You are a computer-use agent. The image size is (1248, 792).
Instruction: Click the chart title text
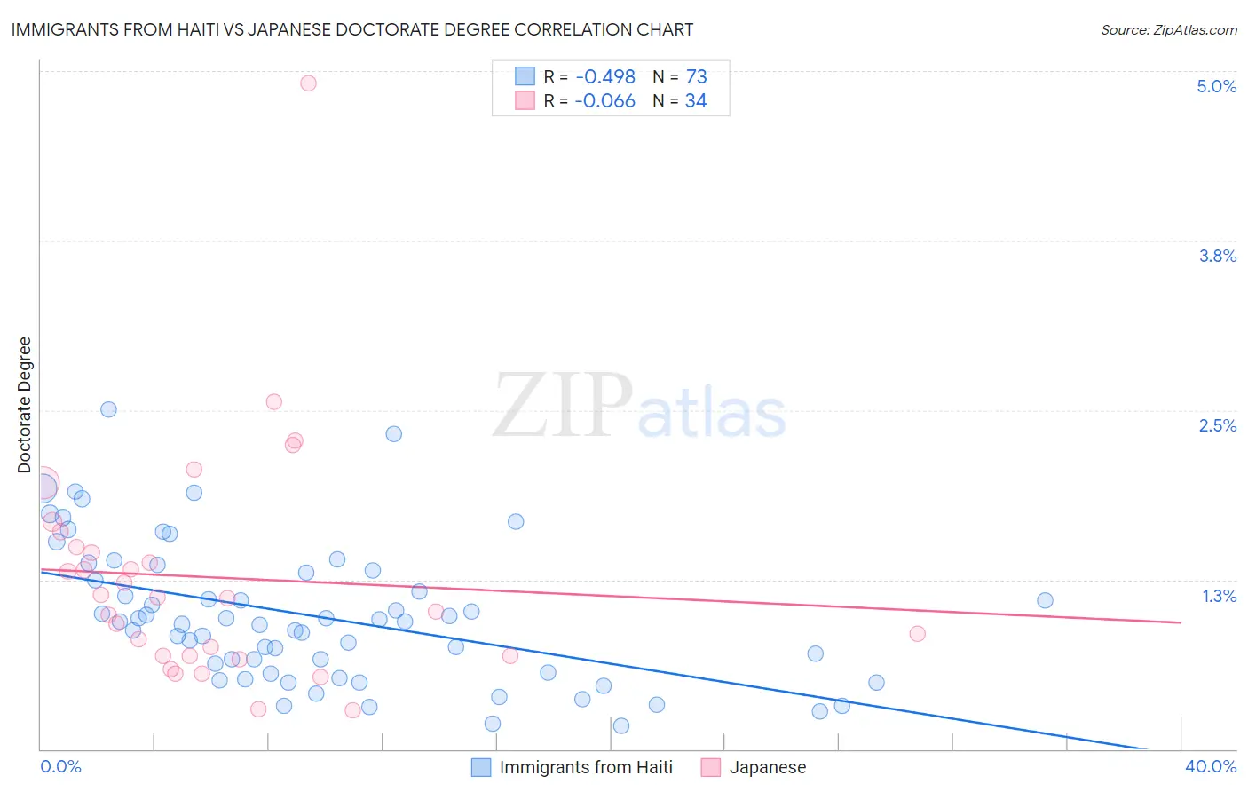click(x=351, y=29)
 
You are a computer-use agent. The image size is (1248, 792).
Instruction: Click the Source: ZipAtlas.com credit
click(x=1168, y=29)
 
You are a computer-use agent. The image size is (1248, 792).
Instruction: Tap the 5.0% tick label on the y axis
click(x=1216, y=86)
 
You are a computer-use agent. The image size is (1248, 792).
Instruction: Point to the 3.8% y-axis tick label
click(x=1217, y=256)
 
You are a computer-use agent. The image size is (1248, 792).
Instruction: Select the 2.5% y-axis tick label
click(x=1217, y=425)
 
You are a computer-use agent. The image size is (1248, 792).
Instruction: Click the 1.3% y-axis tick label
click(x=1219, y=596)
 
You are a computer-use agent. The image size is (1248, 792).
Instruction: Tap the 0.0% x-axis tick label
click(x=60, y=766)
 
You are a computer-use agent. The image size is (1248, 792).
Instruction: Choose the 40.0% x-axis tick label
click(x=1210, y=766)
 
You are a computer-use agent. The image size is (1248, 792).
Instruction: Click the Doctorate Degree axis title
click(x=25, y=405)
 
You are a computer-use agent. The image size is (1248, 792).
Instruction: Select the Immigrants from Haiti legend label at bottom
click(x=586, y=767)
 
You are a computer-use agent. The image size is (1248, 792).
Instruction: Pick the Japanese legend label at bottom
click(x=768, y=767)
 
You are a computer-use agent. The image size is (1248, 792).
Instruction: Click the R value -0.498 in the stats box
click(x=604, y=77)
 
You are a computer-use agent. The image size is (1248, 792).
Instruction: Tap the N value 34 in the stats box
click(x=696, y=101)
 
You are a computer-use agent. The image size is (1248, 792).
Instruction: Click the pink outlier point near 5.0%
click(x=308, y=83)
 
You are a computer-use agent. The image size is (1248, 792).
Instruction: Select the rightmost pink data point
click(x=918, y=633)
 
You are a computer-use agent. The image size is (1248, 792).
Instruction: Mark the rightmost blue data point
click(x=1045, y=600)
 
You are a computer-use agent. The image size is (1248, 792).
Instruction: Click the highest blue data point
click(x=108, y=409)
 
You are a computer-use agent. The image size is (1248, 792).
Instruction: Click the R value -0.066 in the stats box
click(x=604, y=101)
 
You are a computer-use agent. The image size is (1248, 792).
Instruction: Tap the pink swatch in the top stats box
click(x=525, y=101)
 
